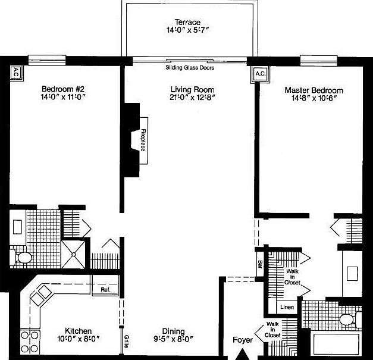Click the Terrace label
pos(187,23)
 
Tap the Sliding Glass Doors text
pos(190,68)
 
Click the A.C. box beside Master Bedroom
pos(260,74)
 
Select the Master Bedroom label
pos(314,90)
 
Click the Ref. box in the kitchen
pos(106,290)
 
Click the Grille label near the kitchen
pos(127,341)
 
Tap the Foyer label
pos(243,340)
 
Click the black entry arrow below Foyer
pos(243,354)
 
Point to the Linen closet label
pos(287,308)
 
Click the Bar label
pos(260,262)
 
